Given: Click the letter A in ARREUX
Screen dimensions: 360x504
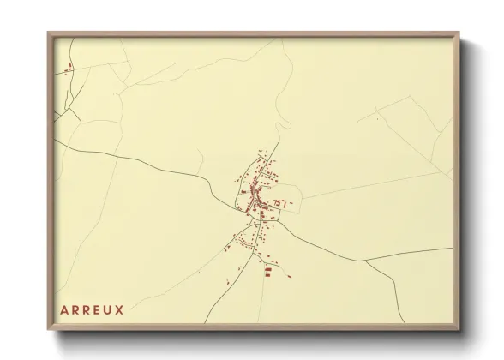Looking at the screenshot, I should tap(64, 307).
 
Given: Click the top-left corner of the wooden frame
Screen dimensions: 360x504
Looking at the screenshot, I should tap(49, 33).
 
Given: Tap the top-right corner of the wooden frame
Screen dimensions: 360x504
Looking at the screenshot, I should tap(459, 33).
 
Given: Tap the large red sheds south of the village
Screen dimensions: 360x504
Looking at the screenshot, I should tap(267, 270).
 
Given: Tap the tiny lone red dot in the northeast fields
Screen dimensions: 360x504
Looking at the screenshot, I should tap(375, 119).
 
